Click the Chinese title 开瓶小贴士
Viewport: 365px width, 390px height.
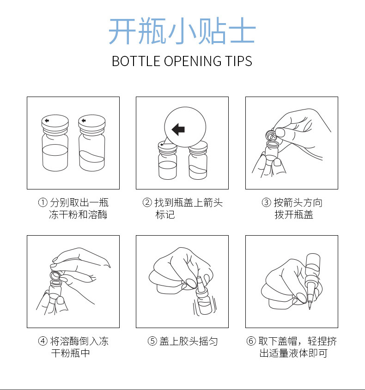click(182, 31)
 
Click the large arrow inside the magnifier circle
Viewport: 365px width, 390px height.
click(178, 129)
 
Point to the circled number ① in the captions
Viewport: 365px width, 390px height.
click(43, 203)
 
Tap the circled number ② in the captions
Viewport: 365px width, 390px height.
click(147, 203)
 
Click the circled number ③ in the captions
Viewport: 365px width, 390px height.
click(266, 203)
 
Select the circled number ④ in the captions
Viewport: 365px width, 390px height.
click(43, 341)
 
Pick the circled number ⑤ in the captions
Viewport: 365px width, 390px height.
click(152, 341)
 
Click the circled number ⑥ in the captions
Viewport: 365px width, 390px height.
click(251, 341)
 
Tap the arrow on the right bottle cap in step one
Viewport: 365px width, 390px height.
click(83, 122)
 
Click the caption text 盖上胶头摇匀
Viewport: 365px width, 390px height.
click(189, 341)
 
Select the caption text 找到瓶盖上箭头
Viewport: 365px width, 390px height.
click(189, 203)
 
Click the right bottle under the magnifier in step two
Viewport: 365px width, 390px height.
click(198, 164)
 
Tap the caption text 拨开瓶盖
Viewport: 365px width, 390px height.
click(294, 215)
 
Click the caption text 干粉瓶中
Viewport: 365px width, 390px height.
click(70, 353)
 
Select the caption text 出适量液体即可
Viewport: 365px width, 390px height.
click(293, 353)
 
